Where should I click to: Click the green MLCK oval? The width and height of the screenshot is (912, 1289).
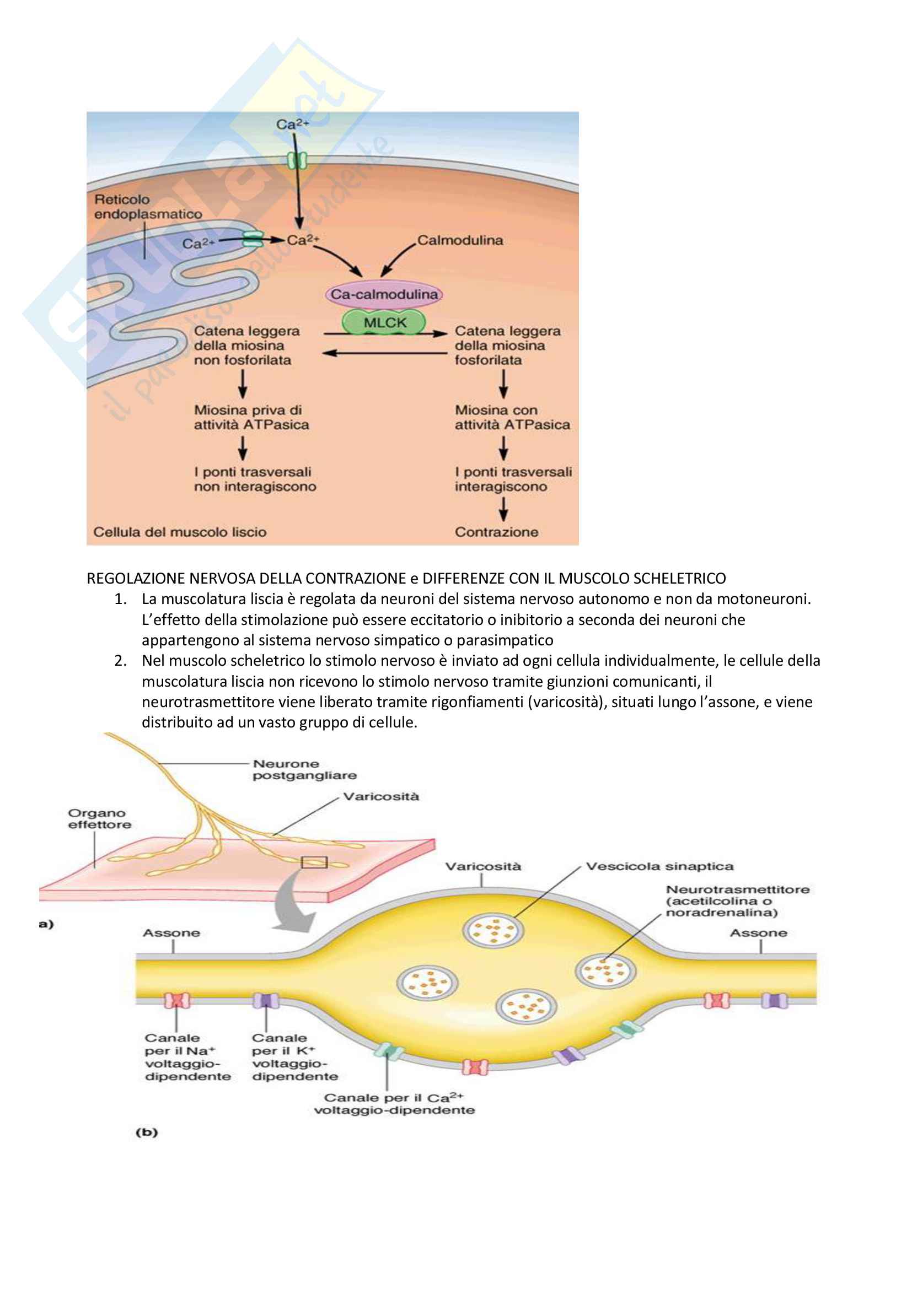click(x=384, y=323)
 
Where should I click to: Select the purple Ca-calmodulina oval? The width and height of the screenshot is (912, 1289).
click(x=384, y=294)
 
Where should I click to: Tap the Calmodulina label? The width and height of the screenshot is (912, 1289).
click(x=460, y=240)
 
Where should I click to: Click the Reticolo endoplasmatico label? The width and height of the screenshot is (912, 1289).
click(x=148, y=207)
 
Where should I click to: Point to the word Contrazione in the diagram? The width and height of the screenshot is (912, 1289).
click(x=496, y=532)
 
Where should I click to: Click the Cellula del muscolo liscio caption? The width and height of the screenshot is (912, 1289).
click(x=180, y=532)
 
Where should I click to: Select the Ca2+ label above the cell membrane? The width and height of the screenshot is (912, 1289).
click(x=292, y=124)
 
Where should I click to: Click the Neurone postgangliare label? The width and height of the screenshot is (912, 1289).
click(x=304, y=770)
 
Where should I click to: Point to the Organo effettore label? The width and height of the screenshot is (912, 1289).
click(x=99, y=818)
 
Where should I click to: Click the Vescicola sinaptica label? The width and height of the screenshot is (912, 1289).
click(x=659, y=866)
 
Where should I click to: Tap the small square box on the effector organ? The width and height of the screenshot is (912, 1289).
click(x=314, y=862)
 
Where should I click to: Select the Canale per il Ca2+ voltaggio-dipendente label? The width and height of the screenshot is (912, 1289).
click(x=394, y=1104)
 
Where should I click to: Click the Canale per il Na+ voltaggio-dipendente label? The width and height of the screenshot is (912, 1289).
click(x=187, y=1057)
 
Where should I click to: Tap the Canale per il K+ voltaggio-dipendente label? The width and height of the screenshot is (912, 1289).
click(x=295, y=1057)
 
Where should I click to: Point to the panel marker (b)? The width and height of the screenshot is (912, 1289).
click(x=147, y=1132)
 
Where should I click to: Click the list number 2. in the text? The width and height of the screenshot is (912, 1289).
click(x=121, y=661)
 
